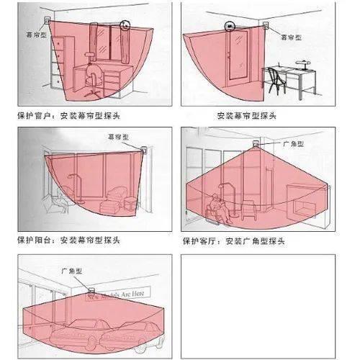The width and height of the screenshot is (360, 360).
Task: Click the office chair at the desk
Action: (92, 74)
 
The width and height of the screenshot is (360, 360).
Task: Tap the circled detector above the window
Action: (125, 25)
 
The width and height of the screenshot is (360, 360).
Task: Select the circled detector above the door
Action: (230, 26)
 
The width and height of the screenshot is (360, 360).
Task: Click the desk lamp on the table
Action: (303, 65)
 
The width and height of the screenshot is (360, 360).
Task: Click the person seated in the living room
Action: (218, 208)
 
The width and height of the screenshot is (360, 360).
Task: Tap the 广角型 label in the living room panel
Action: (293, 144)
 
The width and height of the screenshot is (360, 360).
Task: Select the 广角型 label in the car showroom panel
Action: (72, 271)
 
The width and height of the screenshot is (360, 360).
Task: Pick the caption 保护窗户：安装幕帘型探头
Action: (68, 116)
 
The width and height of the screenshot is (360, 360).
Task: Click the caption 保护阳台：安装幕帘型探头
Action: (68, 240)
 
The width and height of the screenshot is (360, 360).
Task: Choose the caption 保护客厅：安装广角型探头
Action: (234, 241)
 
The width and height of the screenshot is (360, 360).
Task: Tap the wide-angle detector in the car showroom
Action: (91, 290)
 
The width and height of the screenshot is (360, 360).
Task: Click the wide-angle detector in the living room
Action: (256, 144)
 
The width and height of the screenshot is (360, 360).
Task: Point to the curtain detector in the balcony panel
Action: (144, 150)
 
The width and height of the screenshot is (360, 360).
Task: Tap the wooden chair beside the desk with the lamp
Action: (276, 81)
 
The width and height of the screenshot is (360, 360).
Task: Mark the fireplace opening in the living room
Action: (304, 207)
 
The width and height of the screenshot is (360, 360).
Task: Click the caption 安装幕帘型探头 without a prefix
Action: (246, 116)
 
